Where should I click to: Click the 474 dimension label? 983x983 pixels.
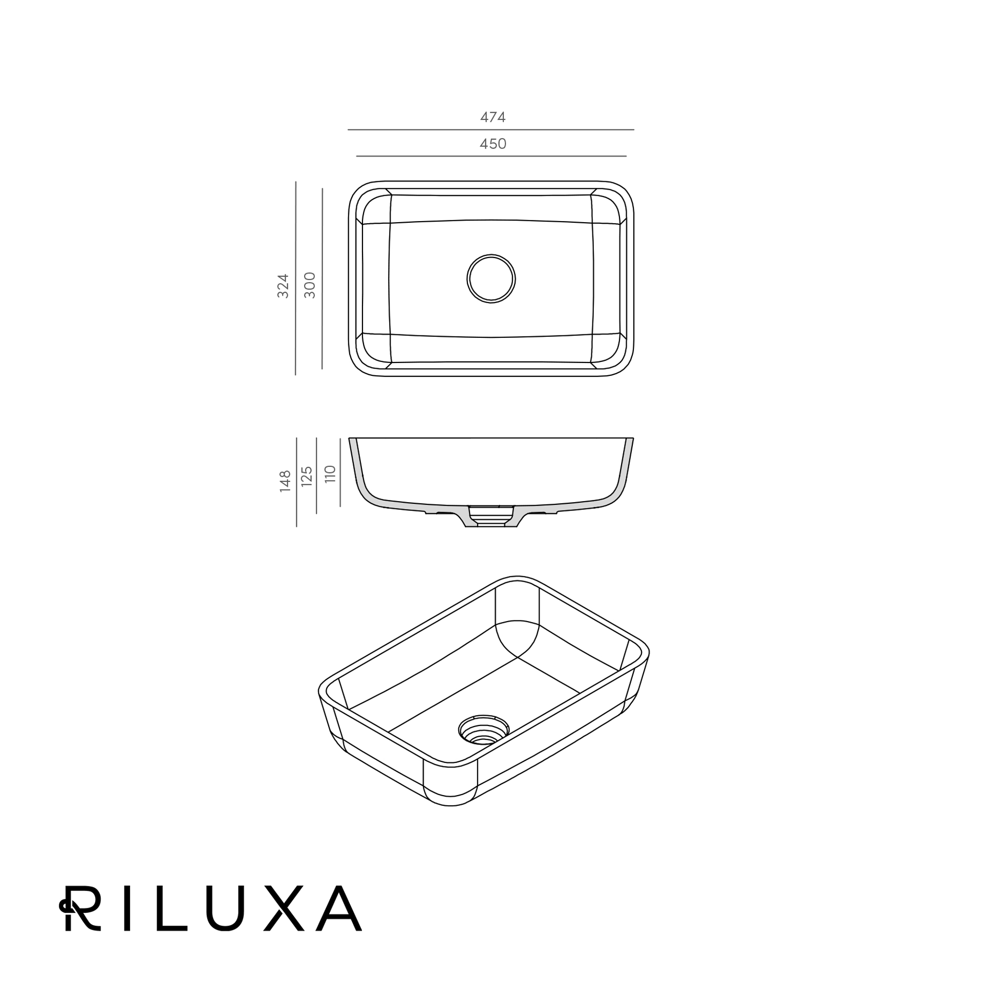493,117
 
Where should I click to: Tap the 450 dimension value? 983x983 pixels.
493,144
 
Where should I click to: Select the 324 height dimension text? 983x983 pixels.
283,286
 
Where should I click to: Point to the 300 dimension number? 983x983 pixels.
310,285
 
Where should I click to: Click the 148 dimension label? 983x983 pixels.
285,481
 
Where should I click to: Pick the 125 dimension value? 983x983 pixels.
307,476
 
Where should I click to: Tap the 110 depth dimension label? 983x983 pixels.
330,474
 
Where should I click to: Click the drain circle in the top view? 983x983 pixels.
491,279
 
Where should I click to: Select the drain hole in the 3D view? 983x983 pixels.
484,730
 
